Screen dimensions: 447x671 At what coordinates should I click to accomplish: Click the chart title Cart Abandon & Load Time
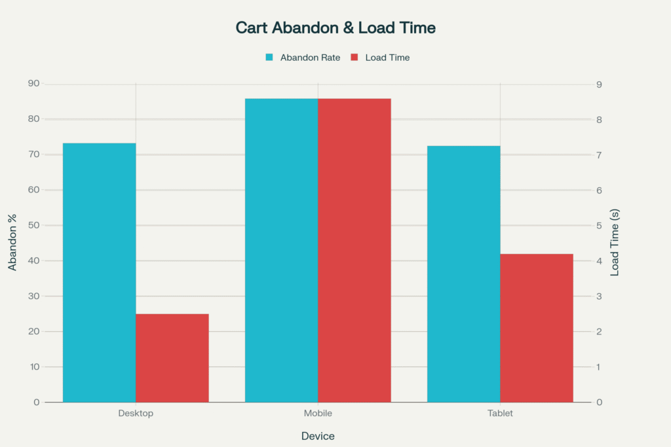coord(335,28)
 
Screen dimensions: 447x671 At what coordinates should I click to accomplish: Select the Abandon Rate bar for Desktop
coord(100,272)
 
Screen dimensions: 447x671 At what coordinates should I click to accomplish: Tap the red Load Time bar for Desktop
coord(172,358)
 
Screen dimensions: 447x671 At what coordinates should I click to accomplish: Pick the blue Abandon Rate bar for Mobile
coord(282,250)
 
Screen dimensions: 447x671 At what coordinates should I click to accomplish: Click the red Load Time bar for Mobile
coord(355,250)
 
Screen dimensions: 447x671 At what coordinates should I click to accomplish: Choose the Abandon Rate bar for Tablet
coord(464,274)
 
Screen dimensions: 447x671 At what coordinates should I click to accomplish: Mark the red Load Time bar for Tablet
coord(537,328)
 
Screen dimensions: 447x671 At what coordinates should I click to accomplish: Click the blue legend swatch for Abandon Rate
coord(269,58)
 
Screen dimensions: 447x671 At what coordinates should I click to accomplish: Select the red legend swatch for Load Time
coord(354,58)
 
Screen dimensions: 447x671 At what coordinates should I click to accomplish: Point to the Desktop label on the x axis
coord(136,414)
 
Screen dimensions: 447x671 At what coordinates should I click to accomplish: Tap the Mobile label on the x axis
coord(318,414)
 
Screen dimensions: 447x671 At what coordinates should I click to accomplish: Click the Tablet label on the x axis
coord(500,414)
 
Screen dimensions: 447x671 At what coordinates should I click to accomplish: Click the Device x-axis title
coord(318,436)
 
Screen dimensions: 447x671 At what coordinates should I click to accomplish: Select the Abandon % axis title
coord(12,243)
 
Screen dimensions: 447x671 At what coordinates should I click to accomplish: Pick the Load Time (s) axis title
coord(615,243)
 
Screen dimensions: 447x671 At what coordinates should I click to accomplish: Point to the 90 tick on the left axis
coord(33,84)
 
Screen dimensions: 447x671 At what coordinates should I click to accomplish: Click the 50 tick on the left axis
coord(33,225)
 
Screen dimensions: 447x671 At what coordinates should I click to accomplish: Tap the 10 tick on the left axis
coord(33,367)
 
